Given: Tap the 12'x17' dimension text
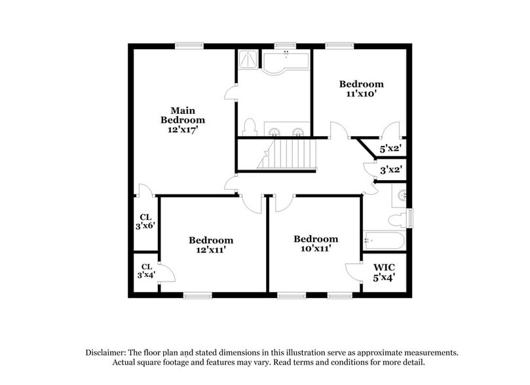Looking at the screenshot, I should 183,130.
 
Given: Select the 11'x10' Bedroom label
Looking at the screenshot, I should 361,84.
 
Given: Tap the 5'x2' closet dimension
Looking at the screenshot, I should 391,149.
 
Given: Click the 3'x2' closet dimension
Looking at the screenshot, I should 391,170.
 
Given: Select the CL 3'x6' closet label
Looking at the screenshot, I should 146,221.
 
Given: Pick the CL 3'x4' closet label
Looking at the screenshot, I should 146,271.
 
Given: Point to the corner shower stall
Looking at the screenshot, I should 248,60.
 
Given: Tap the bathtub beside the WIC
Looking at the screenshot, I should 384,240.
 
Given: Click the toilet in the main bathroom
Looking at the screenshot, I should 248,126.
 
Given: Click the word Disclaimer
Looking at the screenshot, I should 107,352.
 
